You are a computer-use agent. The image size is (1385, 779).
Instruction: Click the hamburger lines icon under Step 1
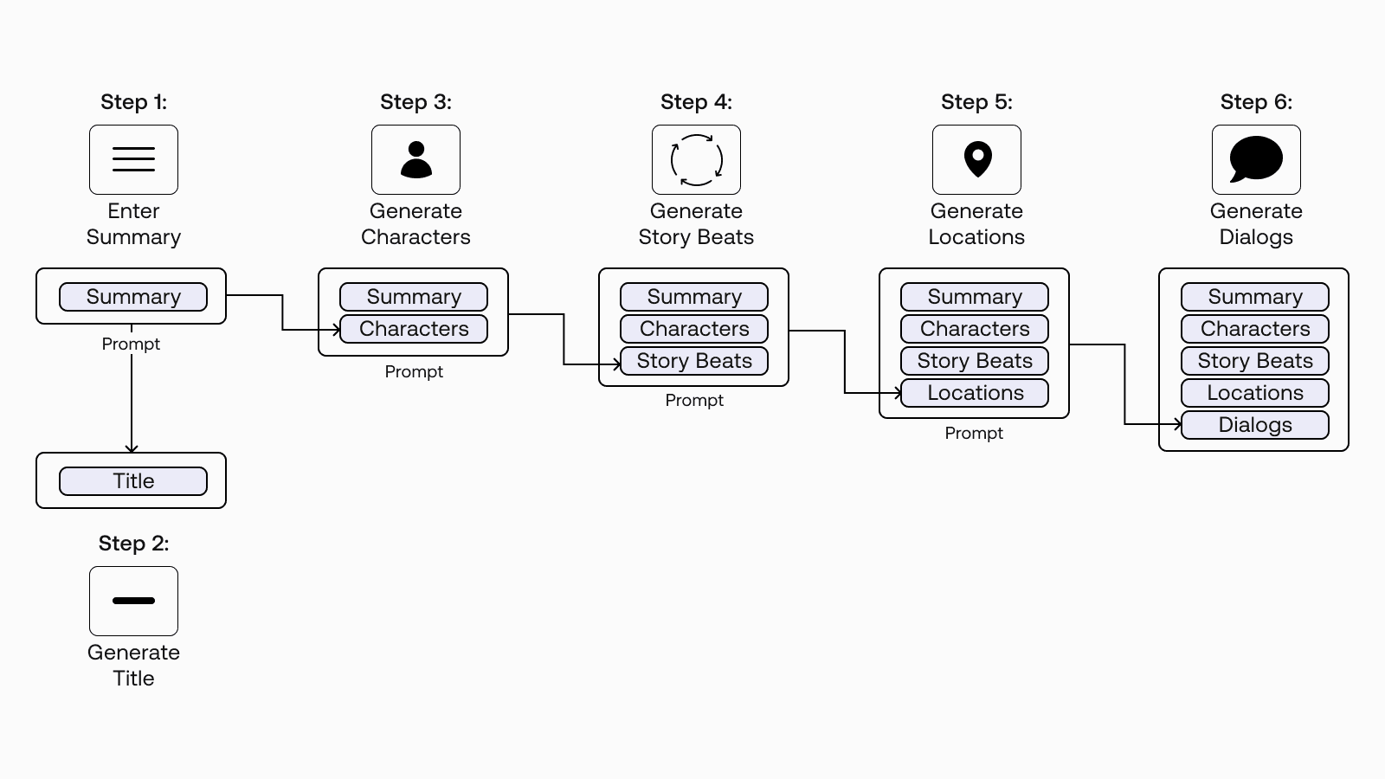pos(133,159)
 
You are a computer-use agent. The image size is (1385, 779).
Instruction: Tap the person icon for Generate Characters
pos(415,159)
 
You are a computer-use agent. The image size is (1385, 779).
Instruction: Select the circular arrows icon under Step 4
pos(696,159)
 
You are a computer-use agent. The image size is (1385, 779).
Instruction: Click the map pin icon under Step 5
pos(977,159)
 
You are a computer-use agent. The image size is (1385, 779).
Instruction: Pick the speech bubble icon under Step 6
pos(1256,159)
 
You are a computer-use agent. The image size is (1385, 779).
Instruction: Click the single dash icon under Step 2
pos(133,601)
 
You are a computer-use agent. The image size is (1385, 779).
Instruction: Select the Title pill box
pos(133,481)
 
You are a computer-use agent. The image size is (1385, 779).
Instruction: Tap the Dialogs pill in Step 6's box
pos(1255,425)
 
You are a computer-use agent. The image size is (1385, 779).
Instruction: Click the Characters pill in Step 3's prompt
pos(414,329)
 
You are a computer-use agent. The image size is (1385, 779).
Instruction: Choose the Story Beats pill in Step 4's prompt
pos(694,361)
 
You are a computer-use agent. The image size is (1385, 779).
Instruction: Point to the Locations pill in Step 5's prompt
pos(975,393)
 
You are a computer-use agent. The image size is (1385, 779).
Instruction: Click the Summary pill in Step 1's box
pos(133,297)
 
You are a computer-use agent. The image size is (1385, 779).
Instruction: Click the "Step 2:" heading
pos(133,544)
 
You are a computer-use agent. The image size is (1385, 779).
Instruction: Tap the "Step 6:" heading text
pos(1256,102)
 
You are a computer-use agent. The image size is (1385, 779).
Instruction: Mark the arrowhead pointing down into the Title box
pos(132,448)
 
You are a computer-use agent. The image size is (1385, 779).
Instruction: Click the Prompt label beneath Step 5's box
pos(974,433)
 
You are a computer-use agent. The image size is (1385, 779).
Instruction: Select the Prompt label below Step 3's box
pos(414,371)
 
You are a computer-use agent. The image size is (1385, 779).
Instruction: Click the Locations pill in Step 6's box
pos(1255,393)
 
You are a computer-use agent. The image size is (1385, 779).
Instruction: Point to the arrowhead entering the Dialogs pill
pos(1178,424)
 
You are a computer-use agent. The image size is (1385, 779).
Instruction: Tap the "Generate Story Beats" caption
pos(696,224)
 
